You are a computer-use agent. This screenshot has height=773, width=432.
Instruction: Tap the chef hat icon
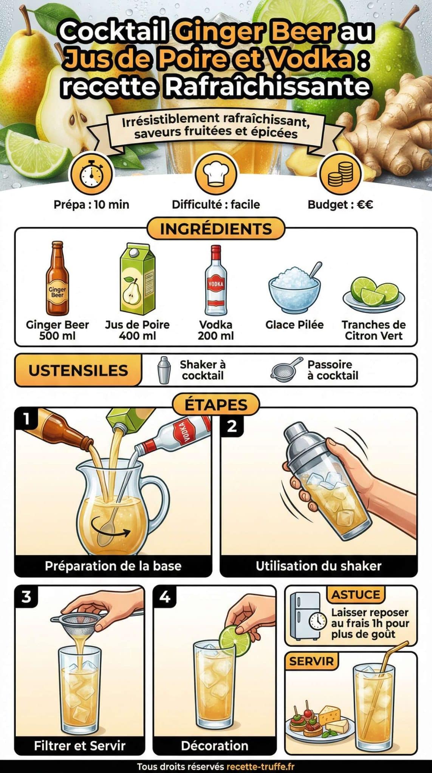(x=215, y=174)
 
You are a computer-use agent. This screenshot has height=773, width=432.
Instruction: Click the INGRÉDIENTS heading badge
(x=216, y=229)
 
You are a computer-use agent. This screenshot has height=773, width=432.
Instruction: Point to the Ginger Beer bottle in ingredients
(x=57, y=279)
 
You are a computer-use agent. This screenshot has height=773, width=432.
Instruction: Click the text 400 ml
(x=137, y=336)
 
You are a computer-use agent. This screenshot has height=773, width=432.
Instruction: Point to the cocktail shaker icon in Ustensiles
(x=164, y=370)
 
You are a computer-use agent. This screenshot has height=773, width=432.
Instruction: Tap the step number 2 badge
(x=231, y=426)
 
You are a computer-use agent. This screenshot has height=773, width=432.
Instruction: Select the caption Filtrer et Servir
(x=80, y=746)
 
